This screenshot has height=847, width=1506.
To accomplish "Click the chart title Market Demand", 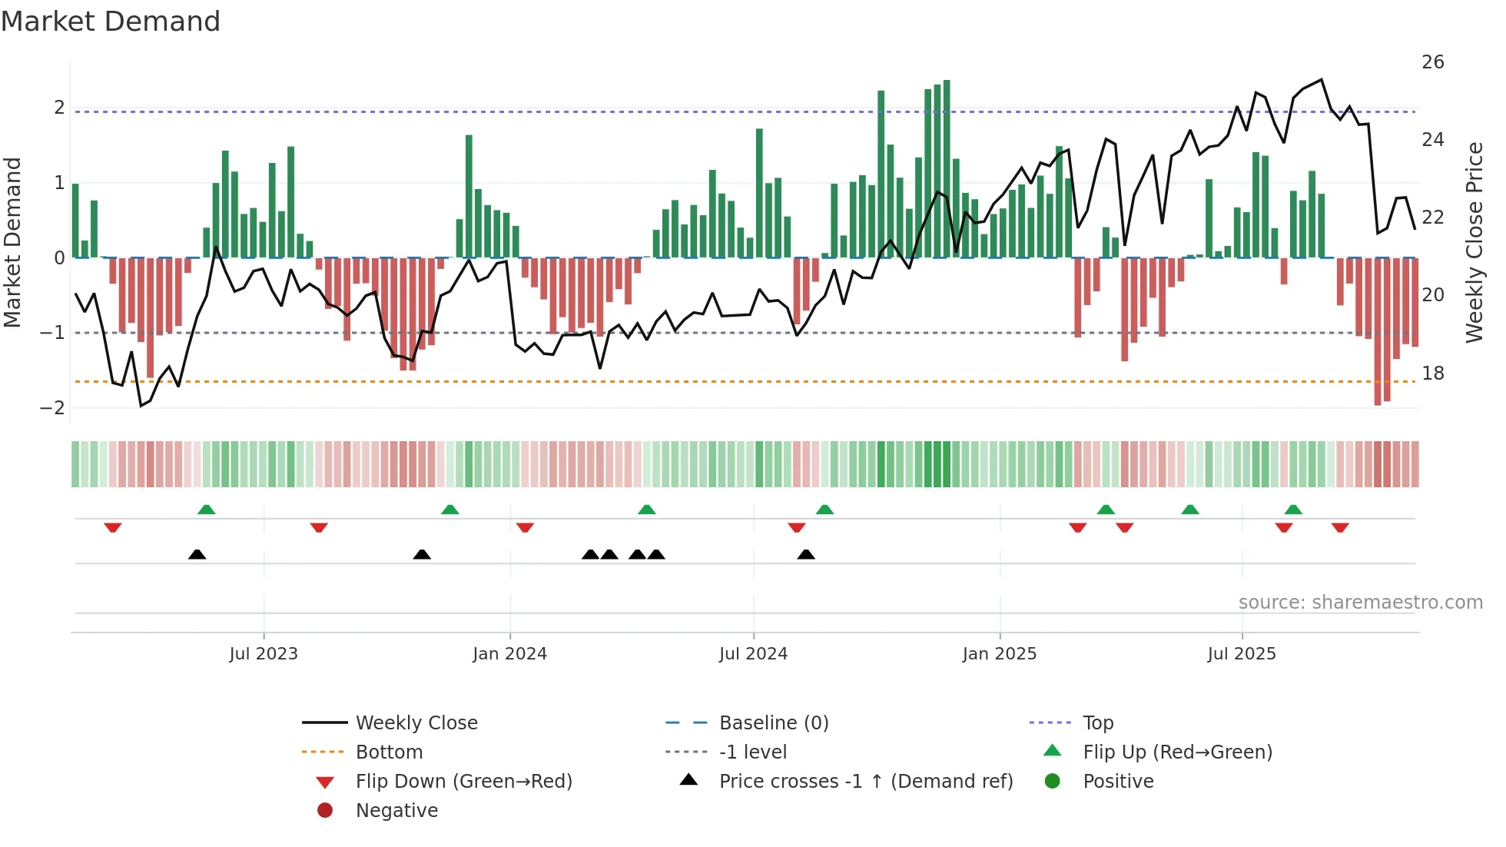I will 111,22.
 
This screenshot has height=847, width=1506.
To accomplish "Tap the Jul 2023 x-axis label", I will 264,654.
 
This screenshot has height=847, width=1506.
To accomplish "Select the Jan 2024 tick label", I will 509,654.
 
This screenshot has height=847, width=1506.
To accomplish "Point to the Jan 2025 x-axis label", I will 999,654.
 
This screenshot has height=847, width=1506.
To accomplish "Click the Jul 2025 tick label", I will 1241,654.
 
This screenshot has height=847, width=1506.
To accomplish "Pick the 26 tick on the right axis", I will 1432,62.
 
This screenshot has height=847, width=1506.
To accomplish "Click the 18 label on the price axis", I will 1432,374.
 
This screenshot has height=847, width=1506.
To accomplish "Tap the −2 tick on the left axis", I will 52,408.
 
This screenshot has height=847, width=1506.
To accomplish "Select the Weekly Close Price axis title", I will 1474,242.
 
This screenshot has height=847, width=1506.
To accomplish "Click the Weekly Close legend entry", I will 416,723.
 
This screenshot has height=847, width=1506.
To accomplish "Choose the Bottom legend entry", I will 389,752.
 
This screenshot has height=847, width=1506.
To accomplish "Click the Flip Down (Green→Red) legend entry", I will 463,782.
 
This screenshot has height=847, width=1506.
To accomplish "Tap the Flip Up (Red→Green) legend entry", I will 1177,752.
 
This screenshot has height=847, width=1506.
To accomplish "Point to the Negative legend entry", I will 396,811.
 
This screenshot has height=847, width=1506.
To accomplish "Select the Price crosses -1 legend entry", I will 865,782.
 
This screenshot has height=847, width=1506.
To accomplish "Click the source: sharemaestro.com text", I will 1360,603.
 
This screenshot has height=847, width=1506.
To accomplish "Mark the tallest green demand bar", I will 947,169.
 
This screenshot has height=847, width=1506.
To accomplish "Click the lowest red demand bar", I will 1378,331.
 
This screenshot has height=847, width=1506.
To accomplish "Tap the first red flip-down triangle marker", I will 113,528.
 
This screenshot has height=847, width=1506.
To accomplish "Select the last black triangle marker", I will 805,554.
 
